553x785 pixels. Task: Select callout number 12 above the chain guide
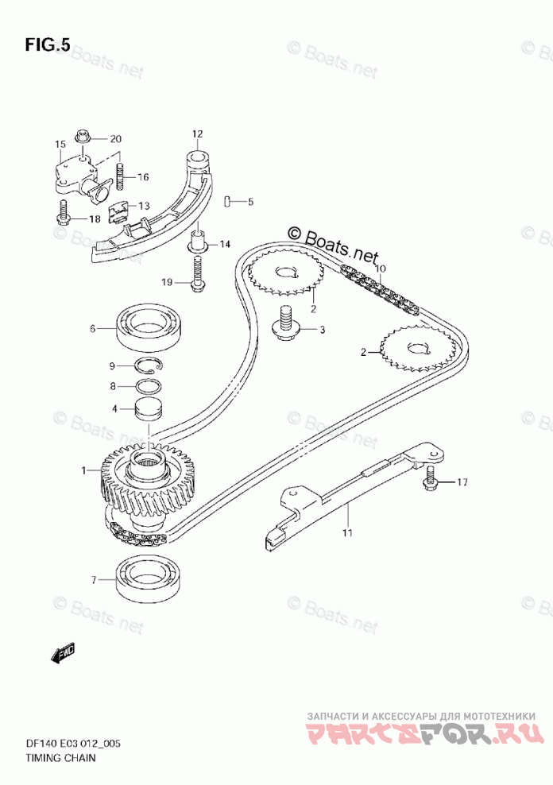coord(197,133)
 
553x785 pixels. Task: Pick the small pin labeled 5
coord(228,201)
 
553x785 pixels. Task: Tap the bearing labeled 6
coord(151,327)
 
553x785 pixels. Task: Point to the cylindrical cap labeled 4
coord(149,410)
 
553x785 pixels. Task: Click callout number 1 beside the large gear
coord(83,471)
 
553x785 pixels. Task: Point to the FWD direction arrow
coord(63,654)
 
